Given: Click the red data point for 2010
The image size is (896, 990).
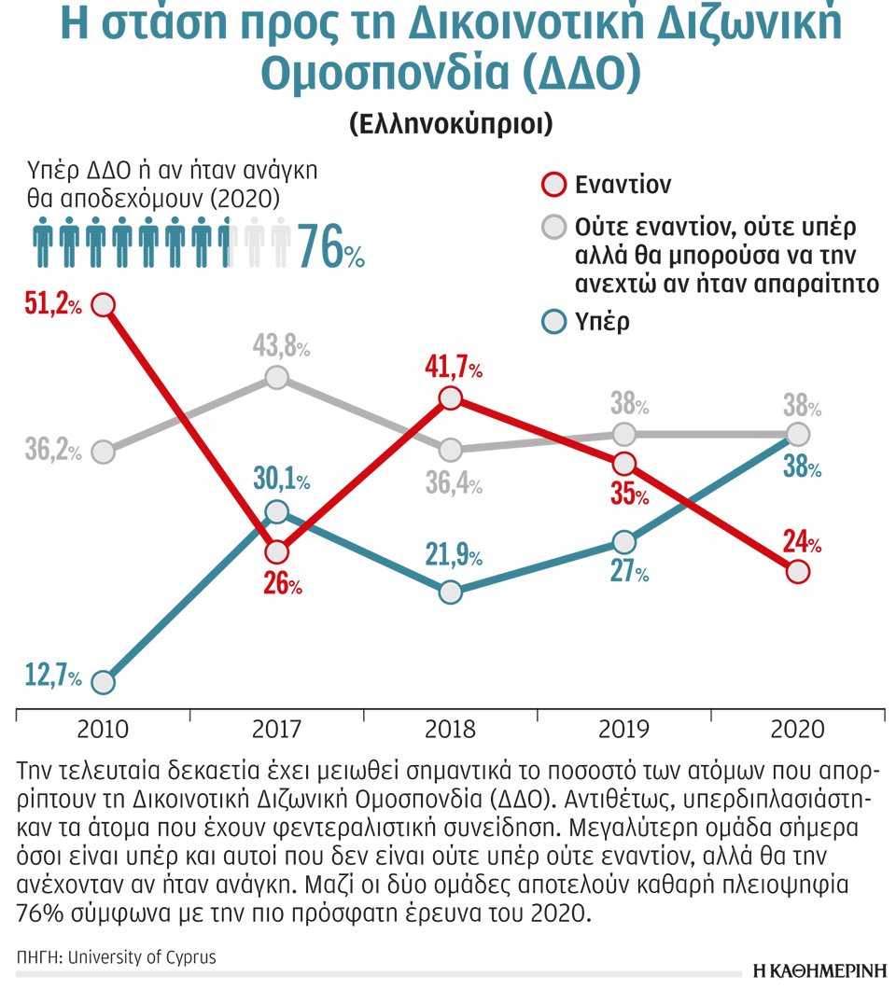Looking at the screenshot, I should click(104, 304).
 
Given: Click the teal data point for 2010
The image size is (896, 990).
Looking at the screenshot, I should click(104, 682).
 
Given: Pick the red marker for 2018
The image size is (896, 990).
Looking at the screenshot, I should click(450, 398).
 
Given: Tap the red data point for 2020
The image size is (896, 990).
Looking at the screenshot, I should click(796, 572).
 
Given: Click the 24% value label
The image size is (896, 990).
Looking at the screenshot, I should click(802, 542).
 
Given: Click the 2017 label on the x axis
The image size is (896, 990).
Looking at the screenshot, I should click(276, 730).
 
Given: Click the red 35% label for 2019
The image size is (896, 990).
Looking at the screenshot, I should click(629, 495).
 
